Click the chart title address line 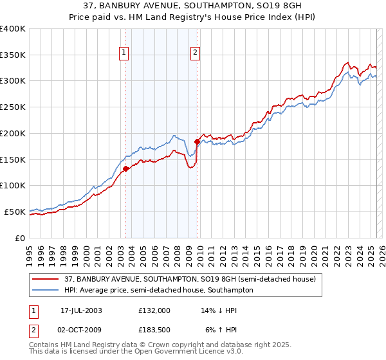(x=193, y=6)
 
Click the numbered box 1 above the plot (x=123, y=53)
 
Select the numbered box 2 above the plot (x=194, y=53)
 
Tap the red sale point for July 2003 (x=126, y=169)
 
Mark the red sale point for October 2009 (x=197, y=141)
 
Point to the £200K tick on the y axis (x=13, y=133)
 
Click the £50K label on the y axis (x=15, y=212)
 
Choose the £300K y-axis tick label (x=13, y=81)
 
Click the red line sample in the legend (x=45, y=280)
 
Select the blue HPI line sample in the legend (x=45, y=290)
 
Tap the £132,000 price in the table (x=154, y=310)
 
